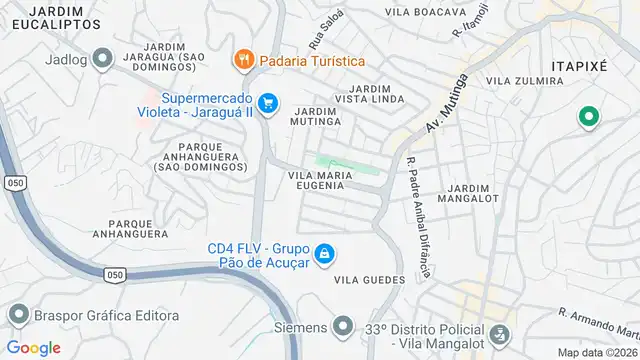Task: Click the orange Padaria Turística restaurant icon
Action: pos(243,60)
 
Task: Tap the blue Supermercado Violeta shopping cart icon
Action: pos(267,102)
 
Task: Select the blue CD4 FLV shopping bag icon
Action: pos(324,256)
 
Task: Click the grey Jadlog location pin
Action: pos(100,58)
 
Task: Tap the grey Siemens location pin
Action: pos(343,327)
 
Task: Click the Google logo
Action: pos(33,347)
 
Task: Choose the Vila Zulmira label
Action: pos(519,80)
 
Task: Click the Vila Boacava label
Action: pos(425,12)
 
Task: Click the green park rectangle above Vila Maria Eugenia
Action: pos(347,163)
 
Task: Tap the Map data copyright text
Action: pos(597,352)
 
